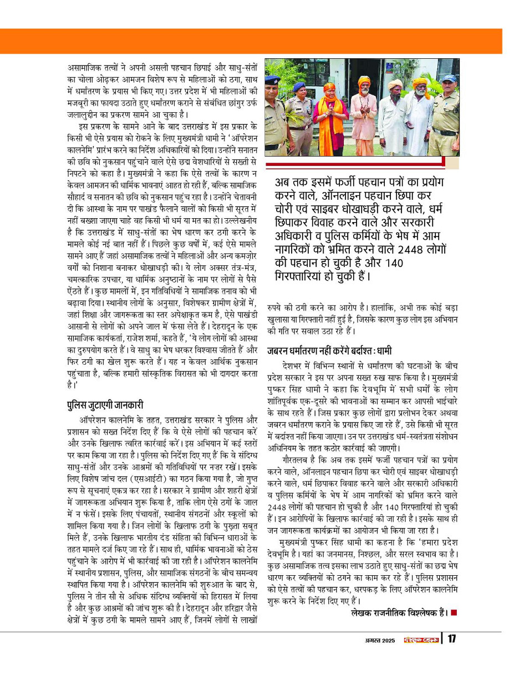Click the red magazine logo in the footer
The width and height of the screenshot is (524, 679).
(420, 640)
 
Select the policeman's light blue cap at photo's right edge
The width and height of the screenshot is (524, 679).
(449, 79)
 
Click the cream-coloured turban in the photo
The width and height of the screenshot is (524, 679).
(395, 84)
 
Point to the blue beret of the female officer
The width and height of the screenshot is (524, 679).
(299, 86)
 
